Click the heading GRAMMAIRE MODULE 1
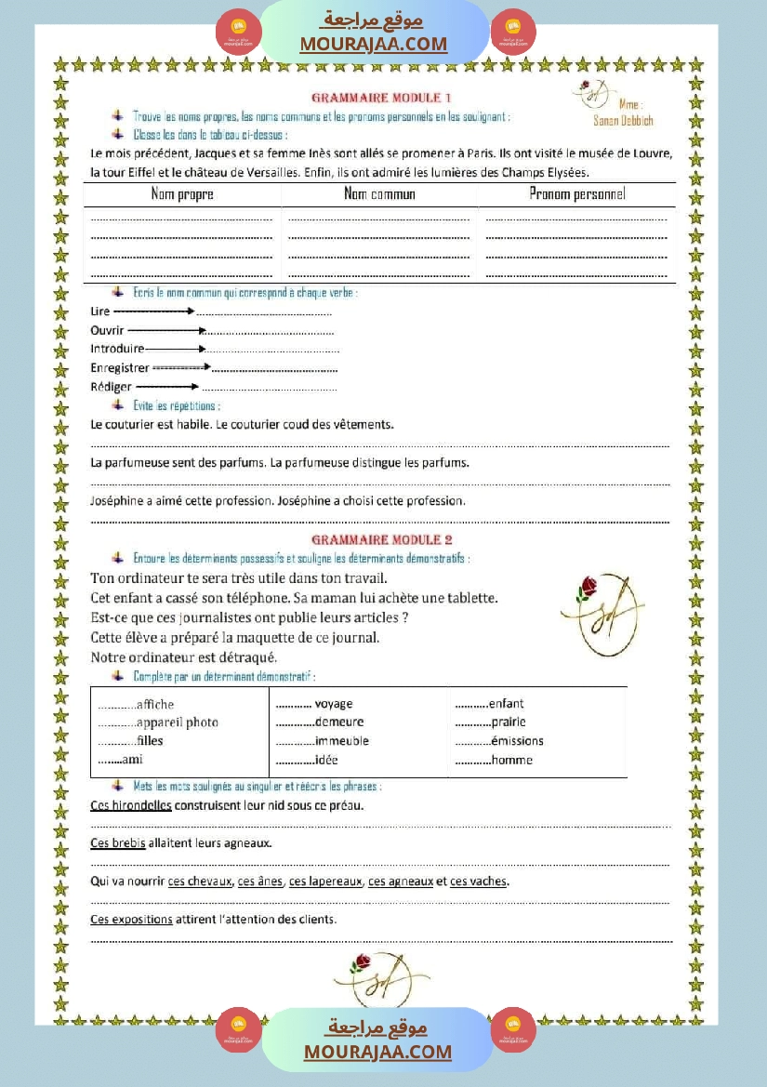381,98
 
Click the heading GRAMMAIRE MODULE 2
381,539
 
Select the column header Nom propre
182,194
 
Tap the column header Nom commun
379,194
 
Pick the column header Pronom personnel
577,194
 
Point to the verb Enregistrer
120,368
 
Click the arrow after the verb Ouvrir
166,330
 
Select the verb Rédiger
111,387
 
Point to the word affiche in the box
154,705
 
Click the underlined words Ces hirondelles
131,805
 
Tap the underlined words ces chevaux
200,882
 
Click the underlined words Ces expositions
131,919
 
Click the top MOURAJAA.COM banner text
374,44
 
